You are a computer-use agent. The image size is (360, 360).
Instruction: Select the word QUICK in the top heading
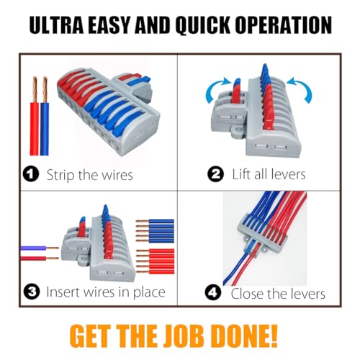pyautogui.click(x=203, y=25)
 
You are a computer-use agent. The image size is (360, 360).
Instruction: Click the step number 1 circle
pyautogui.click(x=31, y=174)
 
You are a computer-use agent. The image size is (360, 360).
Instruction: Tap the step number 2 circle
pyautogui.click(x=216, y=174)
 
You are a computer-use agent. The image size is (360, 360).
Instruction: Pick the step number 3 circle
pyautogui.click(x=32, y=292)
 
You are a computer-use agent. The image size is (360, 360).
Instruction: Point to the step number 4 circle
pyautogui.click(x=213, y=292)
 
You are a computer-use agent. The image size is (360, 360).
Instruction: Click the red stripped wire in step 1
pyautogui.click(x=35, y=117)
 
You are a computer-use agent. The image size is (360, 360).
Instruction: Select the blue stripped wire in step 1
pyautogui.click(x=45, y=117)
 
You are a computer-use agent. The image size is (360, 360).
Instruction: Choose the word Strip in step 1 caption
pyautogui.click(x=61, y=175)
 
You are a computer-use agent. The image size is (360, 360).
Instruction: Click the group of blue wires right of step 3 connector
pyautogui.click(x=155, y=230)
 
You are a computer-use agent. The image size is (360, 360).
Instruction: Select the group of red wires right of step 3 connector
pyautogui.click(x=155, y=261)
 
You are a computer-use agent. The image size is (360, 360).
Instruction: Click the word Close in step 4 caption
pyautogui.click(x=247, y=294)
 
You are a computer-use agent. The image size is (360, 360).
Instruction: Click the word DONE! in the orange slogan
pyautogui.click(x=245, y=336)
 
